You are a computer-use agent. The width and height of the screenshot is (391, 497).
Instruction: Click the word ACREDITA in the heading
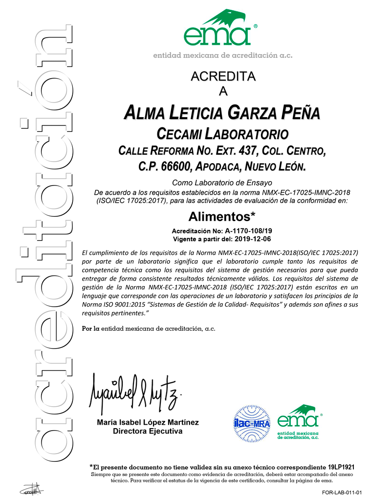pos(223,77)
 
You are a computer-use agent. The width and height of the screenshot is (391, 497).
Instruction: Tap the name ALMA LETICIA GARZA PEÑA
pos(222,113)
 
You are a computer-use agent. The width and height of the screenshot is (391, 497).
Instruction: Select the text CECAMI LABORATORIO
pos(222,133)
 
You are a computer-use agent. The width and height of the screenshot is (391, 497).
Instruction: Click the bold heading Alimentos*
pos(222,215)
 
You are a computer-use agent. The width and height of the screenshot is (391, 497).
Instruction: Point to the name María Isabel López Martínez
pos(147,423)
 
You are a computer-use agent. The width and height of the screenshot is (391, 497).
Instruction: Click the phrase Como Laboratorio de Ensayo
pos(222,183)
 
